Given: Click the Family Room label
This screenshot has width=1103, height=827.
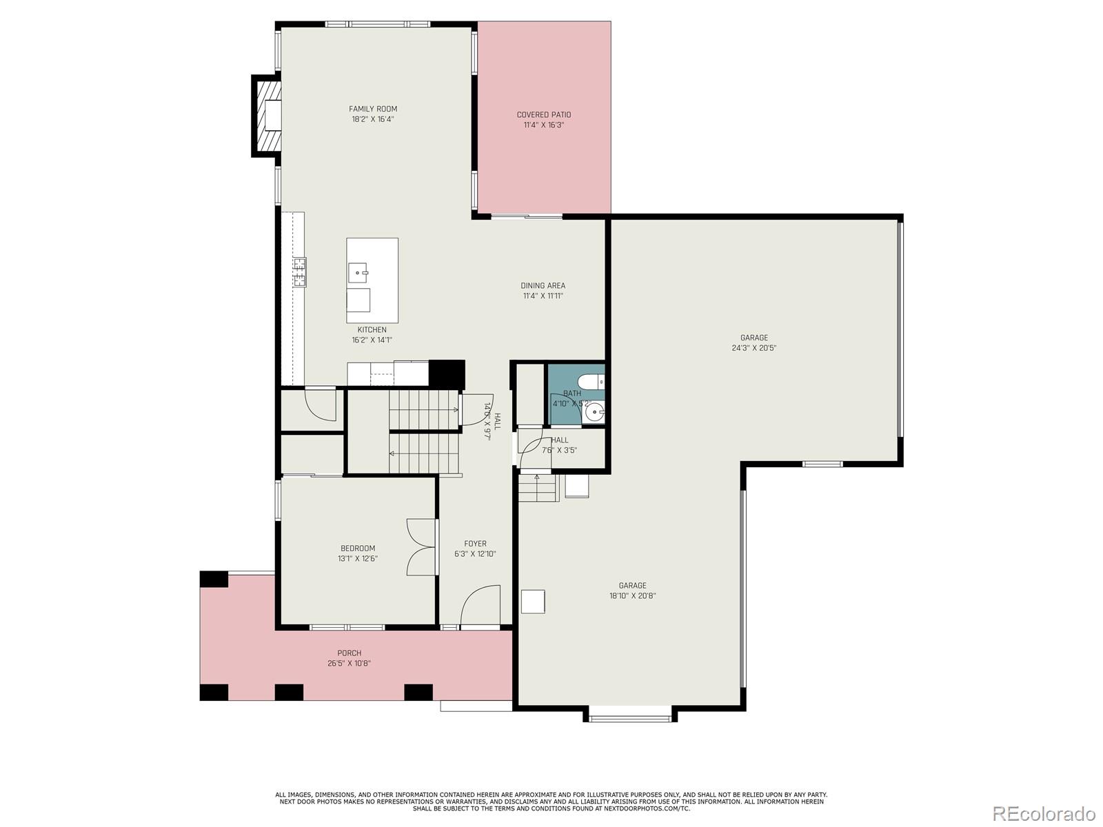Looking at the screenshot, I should click(x=372, y=109).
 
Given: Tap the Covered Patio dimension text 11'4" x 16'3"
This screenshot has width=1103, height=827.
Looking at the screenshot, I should click(x=544, y=125).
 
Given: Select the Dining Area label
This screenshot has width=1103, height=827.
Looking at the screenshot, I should click(x=543, y=285).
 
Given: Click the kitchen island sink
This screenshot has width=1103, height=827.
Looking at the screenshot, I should click(x=358, y=272).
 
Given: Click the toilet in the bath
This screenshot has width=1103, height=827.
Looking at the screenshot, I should click(x=590, y=380).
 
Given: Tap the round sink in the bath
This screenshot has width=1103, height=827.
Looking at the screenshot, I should click(x=594, y=413).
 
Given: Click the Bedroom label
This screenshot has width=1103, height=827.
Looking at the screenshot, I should click(x=358, y=549).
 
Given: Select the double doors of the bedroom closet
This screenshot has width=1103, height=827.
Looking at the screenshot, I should click(x=421, y=547).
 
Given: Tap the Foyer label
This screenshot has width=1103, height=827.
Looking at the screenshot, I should click(x=475, y=544).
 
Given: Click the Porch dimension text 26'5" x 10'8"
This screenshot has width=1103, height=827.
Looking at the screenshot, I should click(x=350, y=664).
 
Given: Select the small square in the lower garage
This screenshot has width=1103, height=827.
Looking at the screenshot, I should click(x=533, y=601).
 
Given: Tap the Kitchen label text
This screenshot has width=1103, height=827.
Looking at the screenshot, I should click(x=372, y=330).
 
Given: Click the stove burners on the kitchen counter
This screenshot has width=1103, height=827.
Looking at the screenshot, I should click(x=299, y=272).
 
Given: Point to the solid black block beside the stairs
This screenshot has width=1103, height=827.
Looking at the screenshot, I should click(x=447, y=374).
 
